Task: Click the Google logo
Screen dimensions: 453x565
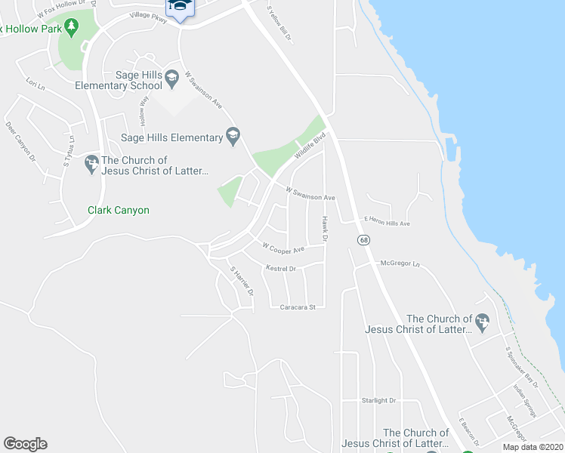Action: (x=25, y=444)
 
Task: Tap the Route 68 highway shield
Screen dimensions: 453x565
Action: (x=364, y=240)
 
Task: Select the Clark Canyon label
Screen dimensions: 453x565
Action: (x=119, y=210)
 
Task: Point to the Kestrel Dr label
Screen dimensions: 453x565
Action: (x=281, y=268)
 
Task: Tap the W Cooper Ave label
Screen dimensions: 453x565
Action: (x=282, y=248)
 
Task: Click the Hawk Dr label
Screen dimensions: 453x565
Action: (x=324, y=228)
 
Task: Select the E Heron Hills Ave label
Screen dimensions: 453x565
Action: (x=387, y=223)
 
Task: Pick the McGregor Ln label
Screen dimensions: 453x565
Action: (x=400, y=263)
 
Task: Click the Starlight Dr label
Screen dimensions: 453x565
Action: (x=378, y=400)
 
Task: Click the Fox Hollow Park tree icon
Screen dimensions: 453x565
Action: (x=72, y=28)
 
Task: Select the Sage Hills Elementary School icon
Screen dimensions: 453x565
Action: (x=172, y=75)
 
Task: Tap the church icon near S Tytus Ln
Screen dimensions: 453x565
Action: (x=91, y=161)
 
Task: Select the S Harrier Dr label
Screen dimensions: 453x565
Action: (x=242, y=280)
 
